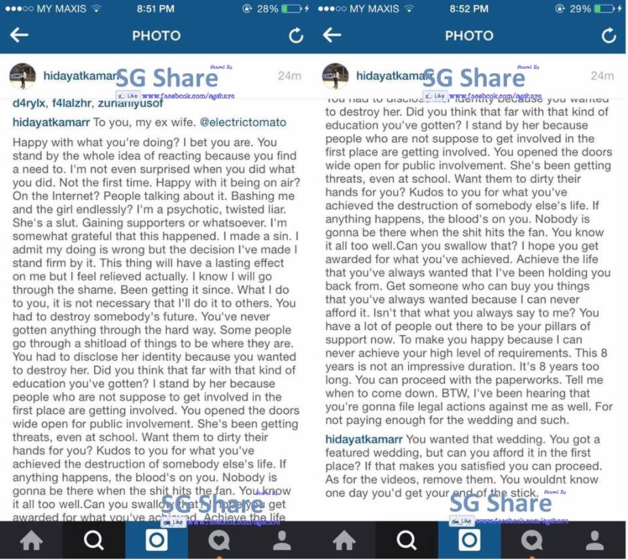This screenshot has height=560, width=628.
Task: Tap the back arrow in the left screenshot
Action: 19,35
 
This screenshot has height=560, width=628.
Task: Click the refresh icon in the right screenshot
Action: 608,35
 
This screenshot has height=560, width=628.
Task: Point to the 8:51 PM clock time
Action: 156,9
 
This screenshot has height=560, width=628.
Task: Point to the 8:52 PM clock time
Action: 468,9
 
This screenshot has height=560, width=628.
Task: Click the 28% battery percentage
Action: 267,9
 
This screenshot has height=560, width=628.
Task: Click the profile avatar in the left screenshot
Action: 22,76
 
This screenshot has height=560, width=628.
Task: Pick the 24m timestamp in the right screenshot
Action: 602,76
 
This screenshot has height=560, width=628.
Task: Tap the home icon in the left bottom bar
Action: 31,540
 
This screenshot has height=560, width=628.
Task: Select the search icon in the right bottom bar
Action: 407,540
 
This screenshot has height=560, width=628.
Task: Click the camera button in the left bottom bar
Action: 156,540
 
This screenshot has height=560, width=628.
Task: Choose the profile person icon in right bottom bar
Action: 595,540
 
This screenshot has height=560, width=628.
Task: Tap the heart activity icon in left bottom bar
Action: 219,540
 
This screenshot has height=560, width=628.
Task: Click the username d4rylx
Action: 30,103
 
